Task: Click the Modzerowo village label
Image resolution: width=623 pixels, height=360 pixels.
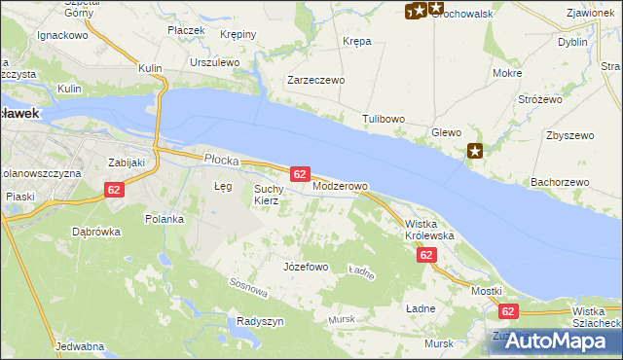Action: point(340,186)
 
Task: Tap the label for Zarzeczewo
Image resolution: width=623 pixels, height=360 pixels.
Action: point(315,81)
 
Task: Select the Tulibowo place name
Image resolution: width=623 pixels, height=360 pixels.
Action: point(384,119)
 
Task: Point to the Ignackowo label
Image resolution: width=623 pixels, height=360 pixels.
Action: point(62,34)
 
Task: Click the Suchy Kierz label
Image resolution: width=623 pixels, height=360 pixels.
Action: point(267,195)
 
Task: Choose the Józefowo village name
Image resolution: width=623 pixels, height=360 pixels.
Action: point(305,266)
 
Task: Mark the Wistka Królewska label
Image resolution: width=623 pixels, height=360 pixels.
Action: point(429,230)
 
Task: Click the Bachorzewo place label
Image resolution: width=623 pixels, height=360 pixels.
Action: point(560,182)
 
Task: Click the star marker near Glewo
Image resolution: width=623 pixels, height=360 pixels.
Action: point(475,150)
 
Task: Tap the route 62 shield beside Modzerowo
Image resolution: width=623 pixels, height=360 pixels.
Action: point(300,174)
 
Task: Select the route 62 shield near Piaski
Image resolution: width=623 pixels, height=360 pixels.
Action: point(114,190)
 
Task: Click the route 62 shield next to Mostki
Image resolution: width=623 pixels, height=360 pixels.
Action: point(507,311)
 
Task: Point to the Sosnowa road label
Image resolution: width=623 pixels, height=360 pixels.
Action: point(248,287)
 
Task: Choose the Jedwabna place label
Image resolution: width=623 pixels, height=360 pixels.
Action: point(81,346)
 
